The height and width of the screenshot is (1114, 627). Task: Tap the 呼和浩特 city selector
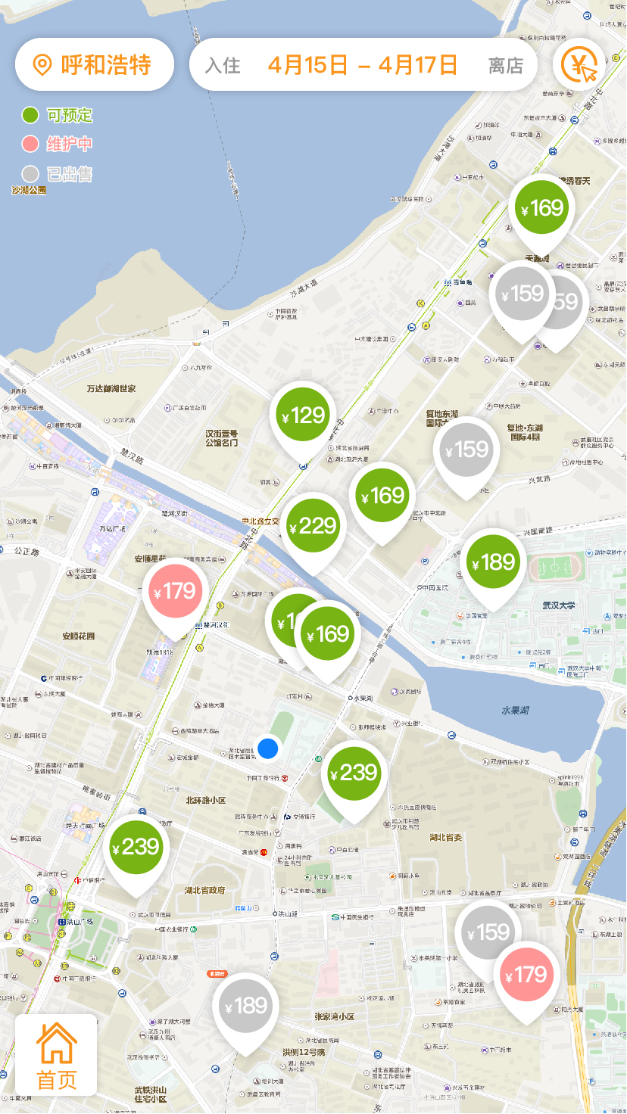(95, 64)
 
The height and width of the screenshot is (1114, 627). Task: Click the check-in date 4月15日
(307, 64)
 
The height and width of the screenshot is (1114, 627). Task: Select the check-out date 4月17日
(418, 64)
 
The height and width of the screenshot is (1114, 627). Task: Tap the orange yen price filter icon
(579, 64)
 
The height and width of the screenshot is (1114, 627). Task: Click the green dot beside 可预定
(30, 115)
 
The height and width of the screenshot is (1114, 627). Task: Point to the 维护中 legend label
(70, 144)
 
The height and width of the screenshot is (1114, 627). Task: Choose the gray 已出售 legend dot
(30, 173)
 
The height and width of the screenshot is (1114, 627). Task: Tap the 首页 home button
(56, 1055)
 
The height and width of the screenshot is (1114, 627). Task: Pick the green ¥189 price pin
(493, 562)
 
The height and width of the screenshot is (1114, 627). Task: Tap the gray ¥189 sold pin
(245, 1007)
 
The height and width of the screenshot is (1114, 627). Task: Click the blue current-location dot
(268, 748)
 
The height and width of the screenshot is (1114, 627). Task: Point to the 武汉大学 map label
(559, 605)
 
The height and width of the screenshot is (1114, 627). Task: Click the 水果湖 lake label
(517, 710)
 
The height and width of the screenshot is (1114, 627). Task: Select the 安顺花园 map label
(79, 636)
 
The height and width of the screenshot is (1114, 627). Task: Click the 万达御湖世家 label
(111, 388)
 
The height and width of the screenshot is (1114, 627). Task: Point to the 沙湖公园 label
(29, 190)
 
